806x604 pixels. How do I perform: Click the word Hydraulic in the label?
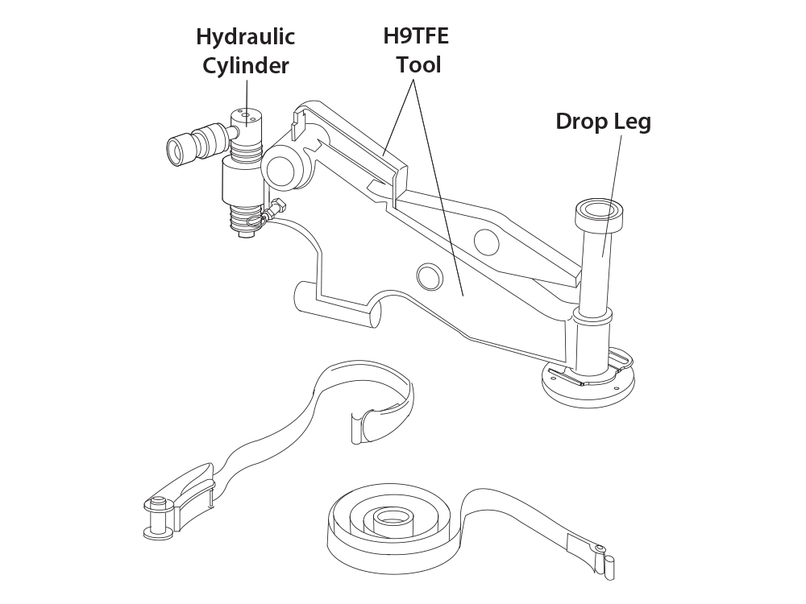click(245, 37)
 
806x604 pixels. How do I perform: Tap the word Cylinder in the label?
click(245, 66)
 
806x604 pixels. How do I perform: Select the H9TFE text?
click(416, 36)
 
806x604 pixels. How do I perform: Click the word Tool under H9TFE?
click(418, 65)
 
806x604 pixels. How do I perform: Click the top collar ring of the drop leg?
click(599, 217)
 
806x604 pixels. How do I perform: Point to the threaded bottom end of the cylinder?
click(246, 221)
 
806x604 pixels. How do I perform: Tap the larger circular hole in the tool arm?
click(486, 242)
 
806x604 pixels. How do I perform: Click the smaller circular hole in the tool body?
click(430, 278)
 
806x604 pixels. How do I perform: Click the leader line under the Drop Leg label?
click(612, 196)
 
